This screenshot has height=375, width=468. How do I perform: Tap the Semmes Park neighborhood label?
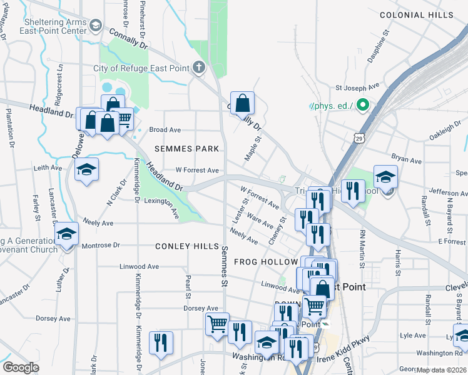(188, 149)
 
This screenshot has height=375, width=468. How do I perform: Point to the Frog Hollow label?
(265, 262)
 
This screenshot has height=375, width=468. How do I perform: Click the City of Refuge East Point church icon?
(199, 67)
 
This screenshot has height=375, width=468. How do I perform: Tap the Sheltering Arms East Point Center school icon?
(95, 25)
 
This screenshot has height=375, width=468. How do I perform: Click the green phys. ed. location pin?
(362, 106)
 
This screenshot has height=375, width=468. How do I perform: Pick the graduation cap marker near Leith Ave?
(86, 169)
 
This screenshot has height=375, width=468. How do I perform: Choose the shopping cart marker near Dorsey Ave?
(217, 324)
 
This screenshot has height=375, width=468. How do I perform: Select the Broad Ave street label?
(165, 130)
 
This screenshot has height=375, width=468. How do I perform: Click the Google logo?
(21, 367)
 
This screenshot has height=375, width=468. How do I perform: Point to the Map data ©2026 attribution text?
(440, 370)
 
